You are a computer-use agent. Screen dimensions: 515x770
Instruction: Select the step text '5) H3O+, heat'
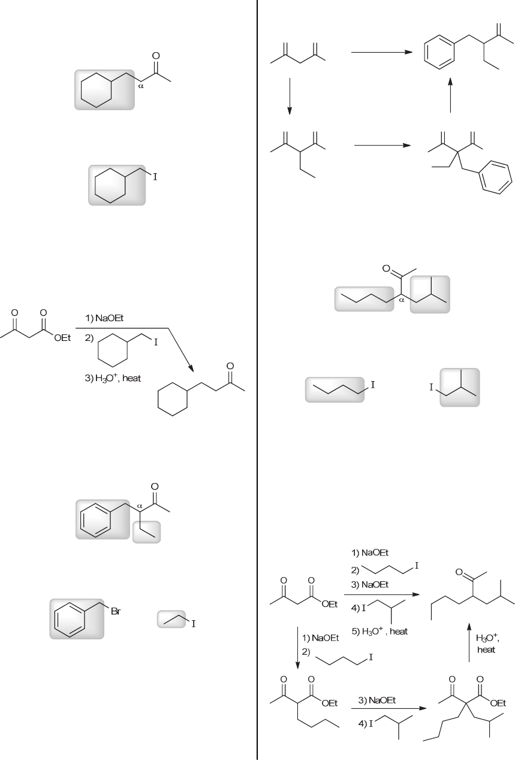tap(380, 631)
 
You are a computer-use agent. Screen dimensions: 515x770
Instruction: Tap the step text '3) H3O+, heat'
tap(113, 379)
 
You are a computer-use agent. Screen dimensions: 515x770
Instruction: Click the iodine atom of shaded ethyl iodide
tap(194, 624)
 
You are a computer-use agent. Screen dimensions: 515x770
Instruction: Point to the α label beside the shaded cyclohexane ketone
tap(140, 86)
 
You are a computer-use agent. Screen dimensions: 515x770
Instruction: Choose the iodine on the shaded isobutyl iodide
tap(430, 388)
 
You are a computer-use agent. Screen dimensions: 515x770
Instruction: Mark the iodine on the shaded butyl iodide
tap(372, 384)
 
